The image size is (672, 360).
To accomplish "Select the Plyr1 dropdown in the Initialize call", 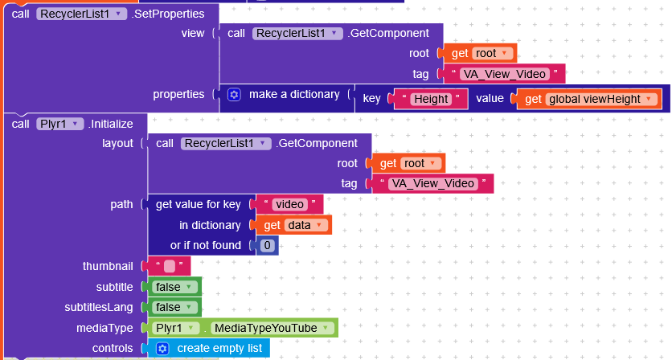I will pyautogui.click(x=60, y=124).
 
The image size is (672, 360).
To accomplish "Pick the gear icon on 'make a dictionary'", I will pyautogui.click(x=234, y=94).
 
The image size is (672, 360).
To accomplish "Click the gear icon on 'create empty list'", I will pyautogui.click(x=162, y=348).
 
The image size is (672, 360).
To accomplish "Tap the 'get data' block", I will pyautogui.click(x=294, y=225).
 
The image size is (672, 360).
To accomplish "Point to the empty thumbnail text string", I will pyautogui.click(x=169, y=266).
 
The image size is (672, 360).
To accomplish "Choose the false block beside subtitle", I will pyautogui.click(x=173, y=287).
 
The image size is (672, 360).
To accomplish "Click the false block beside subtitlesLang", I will pyautogui.click(x=173, y=307).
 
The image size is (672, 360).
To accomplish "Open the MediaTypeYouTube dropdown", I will pyautogui.click(x=272, y=328).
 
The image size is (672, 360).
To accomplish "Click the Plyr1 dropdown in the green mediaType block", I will pyautogui.click(x=176, y=328).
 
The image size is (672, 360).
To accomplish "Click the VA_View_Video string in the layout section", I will pyautogui.click(x=432, y=183).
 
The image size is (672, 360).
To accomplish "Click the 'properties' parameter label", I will pyautogui.click(x=178, y=94).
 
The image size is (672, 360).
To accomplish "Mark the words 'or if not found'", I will pyautogui.click(x=206, y=245).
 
